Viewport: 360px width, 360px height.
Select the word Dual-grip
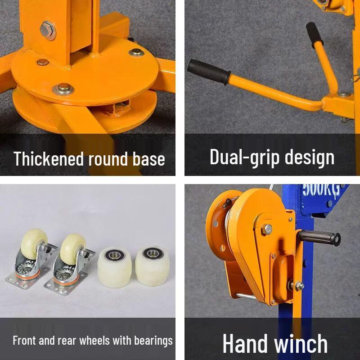pyautogui.click(x=240, y=157)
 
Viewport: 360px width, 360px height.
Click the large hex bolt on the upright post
pyautogui.click(x=48, y=30)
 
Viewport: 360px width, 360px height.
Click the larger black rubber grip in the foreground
pyautogui.click(x=209, y=72)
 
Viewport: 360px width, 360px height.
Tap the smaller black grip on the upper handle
pyautogui.click(x=315, y=33)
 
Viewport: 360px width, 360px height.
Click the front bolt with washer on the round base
pyautogui.click(x=63, y=89)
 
